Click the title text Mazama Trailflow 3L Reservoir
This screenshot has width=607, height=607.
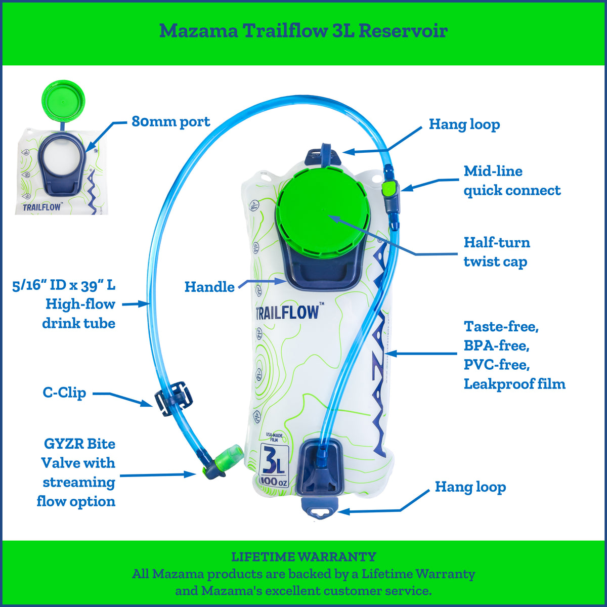[x=303, y=31]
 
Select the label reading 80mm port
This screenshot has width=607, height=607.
[x=170, y=122]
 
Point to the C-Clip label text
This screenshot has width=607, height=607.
[x=64, y=393]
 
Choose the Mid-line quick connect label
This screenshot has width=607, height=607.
[x=512, y=181]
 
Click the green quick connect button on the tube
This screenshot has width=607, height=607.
[x=388, y=190]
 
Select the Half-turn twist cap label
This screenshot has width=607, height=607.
[x=497, y=252]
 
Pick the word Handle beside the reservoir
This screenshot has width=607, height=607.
[x=209, y=287]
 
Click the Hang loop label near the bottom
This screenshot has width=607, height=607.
[x=470, y=487]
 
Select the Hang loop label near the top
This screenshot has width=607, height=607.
[x=464, y=124]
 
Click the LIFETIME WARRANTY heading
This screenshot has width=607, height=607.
[x=303, y=557]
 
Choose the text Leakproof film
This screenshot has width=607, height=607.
[x=514, y=384]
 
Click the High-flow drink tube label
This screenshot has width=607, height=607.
[x=80, y=314]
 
